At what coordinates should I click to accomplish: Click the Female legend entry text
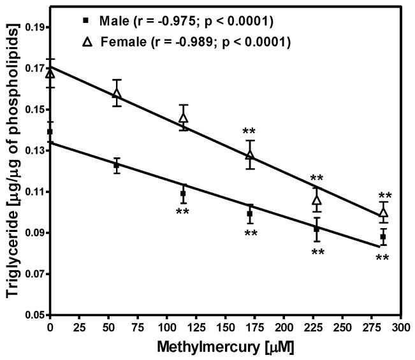(198, 43)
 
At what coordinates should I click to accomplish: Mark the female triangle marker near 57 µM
(117, 94)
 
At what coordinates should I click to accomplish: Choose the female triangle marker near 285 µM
(383, 212)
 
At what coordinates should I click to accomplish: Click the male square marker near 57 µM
(117, 165)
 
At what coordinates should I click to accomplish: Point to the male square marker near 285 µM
(383, 236)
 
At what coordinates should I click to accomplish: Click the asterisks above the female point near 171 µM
(250, 131)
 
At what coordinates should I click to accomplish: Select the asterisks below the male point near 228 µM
(317, 252)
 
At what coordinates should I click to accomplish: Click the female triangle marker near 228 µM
(317, 200)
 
